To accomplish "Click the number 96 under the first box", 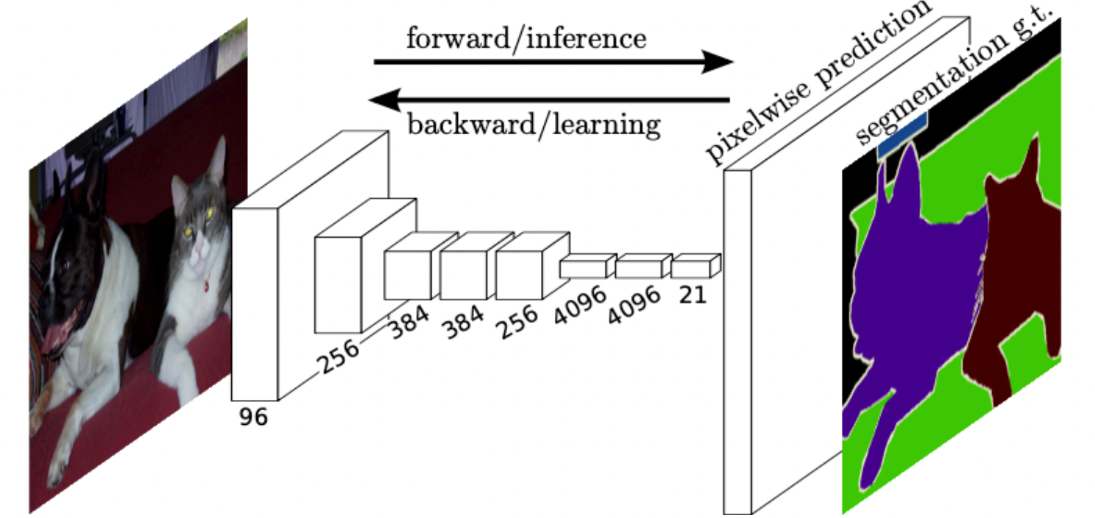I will [x=253, y=417].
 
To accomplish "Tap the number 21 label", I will [x=691, y=294].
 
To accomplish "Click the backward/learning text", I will [x=534, y=124].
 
